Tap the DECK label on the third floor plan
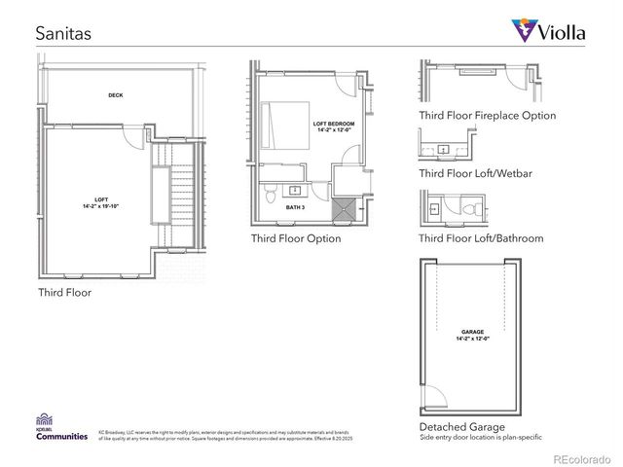(115, 95)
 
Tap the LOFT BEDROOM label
(334, 127)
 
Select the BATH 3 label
(296, 206)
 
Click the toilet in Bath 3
(272, 194)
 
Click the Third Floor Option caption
(296, 238)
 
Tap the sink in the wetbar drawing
(444, 149)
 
